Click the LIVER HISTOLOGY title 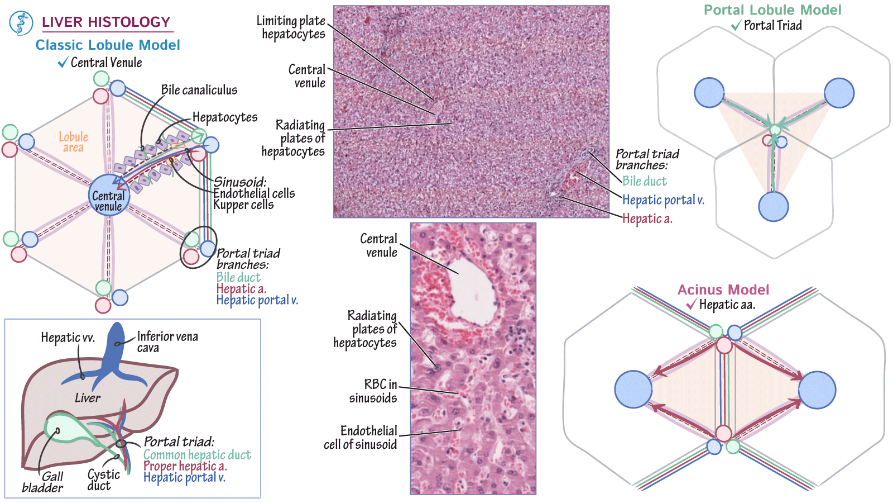click(106, 22)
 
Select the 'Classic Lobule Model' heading click(108, 45)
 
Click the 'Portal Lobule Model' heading click(772, 10)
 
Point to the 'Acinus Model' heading click(723, 290)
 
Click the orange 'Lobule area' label click(73, 142)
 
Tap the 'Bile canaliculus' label click(199, 90)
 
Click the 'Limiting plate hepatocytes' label click(291, 27)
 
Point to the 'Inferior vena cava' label click(167, 341)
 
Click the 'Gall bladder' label click(43, 482)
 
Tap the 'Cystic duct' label click(103, 480)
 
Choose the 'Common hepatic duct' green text click(197, 455)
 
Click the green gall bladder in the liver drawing click(64, 428)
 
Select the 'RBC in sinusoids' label click(373, 391)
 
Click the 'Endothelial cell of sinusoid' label click(361, 438)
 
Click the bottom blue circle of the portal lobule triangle click(773, 206)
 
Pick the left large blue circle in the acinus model click(633, 389)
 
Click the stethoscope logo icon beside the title click(21, 23)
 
